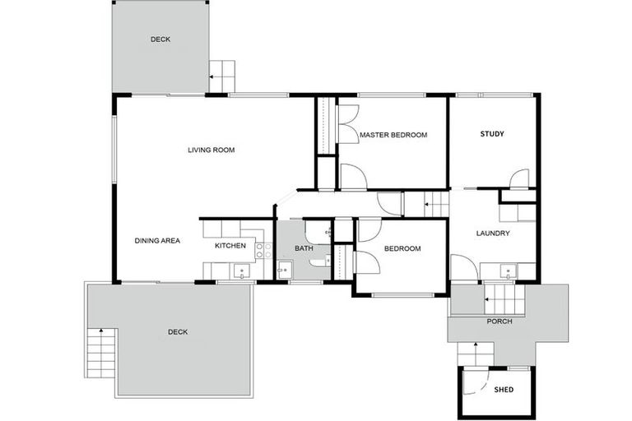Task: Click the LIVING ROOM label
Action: pyautogui.click(x=211, y=150)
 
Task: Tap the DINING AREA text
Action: pyautogui.click(x=157, y=241)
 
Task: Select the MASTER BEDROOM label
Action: pyautogui.click(x=393, y=135)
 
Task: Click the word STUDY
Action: pyautogui.click(x=492, y=134)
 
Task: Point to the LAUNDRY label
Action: pyautogui.click(x=493, y=234)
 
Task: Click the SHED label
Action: pyautogui.click(x=504, y=390)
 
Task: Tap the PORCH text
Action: pyautogui.click(x=500, y=322)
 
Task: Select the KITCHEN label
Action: pyautogui.click(x=230, y=246)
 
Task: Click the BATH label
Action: pyautogui.click(x=304, y=248)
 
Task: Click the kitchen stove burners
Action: pyautogui.click(x=263, y=251)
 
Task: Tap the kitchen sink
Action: pyautogui.click(x=239, y=268)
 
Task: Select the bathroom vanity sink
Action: pyautogui.click(x=285, y=268)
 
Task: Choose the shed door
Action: pyautogui.click(x=473, y=381)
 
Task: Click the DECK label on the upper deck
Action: pyautogui.click(x=160, y=39)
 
